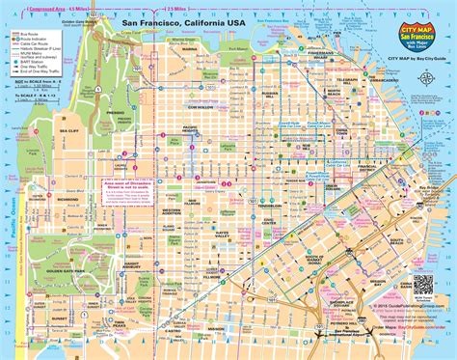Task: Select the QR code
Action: (x=420, y=259)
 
